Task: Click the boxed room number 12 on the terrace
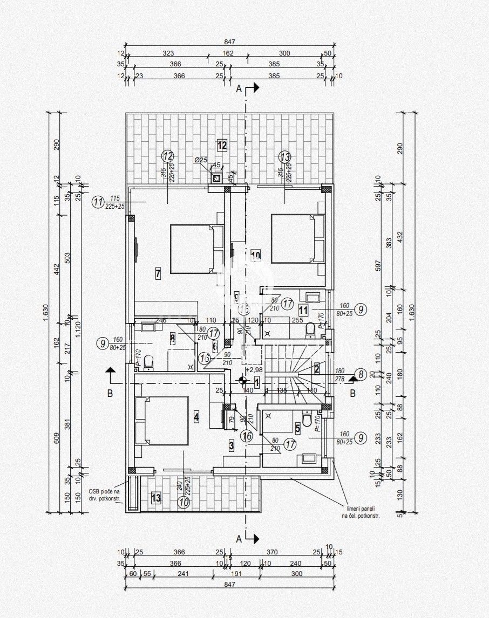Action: click(x=222, y=145)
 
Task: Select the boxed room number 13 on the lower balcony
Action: click(x=156, y=498)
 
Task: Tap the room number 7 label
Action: click(x=158, y=273)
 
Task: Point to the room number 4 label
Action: click(x=196, y=417)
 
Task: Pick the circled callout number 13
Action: click(x=285, y=157)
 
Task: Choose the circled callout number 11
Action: click(x=98, y=203)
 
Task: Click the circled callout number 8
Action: click(x=361, y=374)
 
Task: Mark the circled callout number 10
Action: click(x=184, y=502)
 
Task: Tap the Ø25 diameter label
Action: click(x=201, y=160)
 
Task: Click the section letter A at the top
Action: click(x=239, y=90)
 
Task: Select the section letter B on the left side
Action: click(x=110, y=393)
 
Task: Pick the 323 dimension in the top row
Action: click(x=168, y=53)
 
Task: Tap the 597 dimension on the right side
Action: click(x=379, y=265)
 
